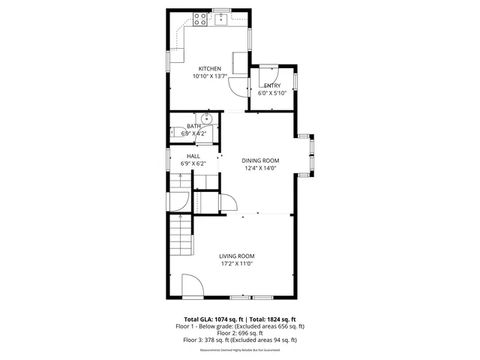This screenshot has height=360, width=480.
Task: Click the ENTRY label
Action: [271, 86]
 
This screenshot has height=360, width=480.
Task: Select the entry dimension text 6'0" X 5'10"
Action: [271, 94]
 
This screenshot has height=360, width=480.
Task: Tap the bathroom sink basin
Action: [208, 118]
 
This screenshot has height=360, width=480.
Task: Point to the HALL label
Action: [193, 156]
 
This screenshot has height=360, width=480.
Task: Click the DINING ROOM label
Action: [260, 160]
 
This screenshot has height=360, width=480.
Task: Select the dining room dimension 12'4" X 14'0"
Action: [260, 168]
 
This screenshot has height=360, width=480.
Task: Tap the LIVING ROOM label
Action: [236, 256]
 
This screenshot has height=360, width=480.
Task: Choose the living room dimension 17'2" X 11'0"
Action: [236, 263]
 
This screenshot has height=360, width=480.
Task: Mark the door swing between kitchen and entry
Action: [239, 86]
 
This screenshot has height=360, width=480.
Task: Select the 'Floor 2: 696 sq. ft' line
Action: [240, 333]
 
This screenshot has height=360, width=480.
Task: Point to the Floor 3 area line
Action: [240, 340]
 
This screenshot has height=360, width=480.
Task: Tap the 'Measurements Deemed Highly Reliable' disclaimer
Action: [240, 349]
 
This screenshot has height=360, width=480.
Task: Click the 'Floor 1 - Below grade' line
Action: [240, 326]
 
